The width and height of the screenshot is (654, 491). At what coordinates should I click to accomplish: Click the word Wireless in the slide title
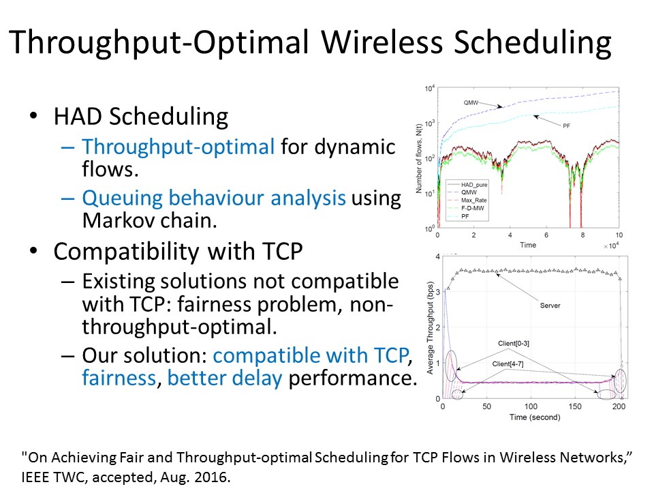381,42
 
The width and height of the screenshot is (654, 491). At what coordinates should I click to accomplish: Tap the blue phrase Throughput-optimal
178,147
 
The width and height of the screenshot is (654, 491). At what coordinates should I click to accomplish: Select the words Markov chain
150,220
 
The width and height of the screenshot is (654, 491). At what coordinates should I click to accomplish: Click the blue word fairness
119,378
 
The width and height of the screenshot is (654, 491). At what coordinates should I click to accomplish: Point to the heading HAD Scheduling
141,116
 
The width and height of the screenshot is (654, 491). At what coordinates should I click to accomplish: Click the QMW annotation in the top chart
471,102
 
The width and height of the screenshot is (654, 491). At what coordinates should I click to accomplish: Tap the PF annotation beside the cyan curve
566,125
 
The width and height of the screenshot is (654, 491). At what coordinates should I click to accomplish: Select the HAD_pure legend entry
474,185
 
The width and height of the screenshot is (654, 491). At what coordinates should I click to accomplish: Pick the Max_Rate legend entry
474,200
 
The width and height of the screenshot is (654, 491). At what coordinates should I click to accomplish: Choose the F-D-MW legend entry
473,208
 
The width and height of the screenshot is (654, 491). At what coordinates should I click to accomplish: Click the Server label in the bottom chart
550,306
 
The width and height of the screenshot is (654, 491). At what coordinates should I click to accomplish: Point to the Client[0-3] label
514,343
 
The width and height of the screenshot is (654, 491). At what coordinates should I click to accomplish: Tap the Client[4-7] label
508,363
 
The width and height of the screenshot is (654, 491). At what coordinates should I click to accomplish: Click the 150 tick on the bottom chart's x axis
575,406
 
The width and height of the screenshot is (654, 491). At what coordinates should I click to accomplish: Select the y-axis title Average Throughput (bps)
430,329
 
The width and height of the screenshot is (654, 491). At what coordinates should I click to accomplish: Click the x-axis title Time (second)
535,417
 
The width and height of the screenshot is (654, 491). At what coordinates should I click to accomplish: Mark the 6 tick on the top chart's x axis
546,235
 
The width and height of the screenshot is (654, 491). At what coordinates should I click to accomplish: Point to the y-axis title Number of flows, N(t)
419,159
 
